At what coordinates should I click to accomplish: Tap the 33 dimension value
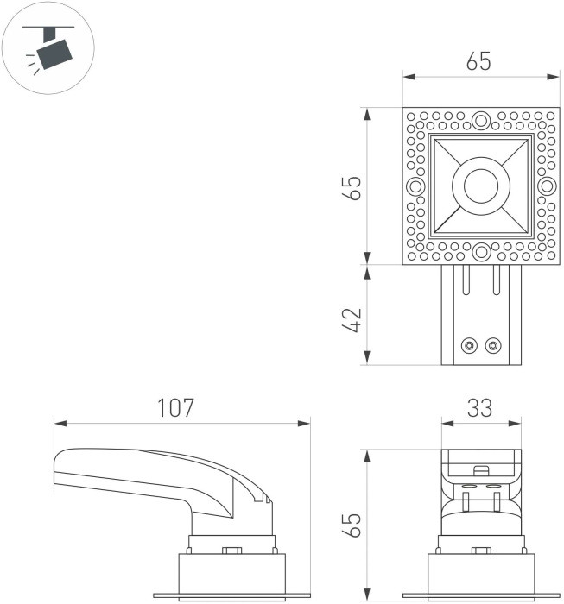click(481, 407)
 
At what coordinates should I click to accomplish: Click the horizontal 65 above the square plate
click(478, 62)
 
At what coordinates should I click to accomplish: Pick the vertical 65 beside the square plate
click(352, 186)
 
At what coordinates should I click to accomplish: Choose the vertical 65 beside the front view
click(352, 525)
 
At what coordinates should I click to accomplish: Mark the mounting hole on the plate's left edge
click(416, 186)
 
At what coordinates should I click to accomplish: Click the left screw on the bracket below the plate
click(468, 346)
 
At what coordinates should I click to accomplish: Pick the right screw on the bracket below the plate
click(493, 346)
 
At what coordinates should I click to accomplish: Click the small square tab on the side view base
click(231, 551)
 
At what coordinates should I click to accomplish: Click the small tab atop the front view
click(482, 470)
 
